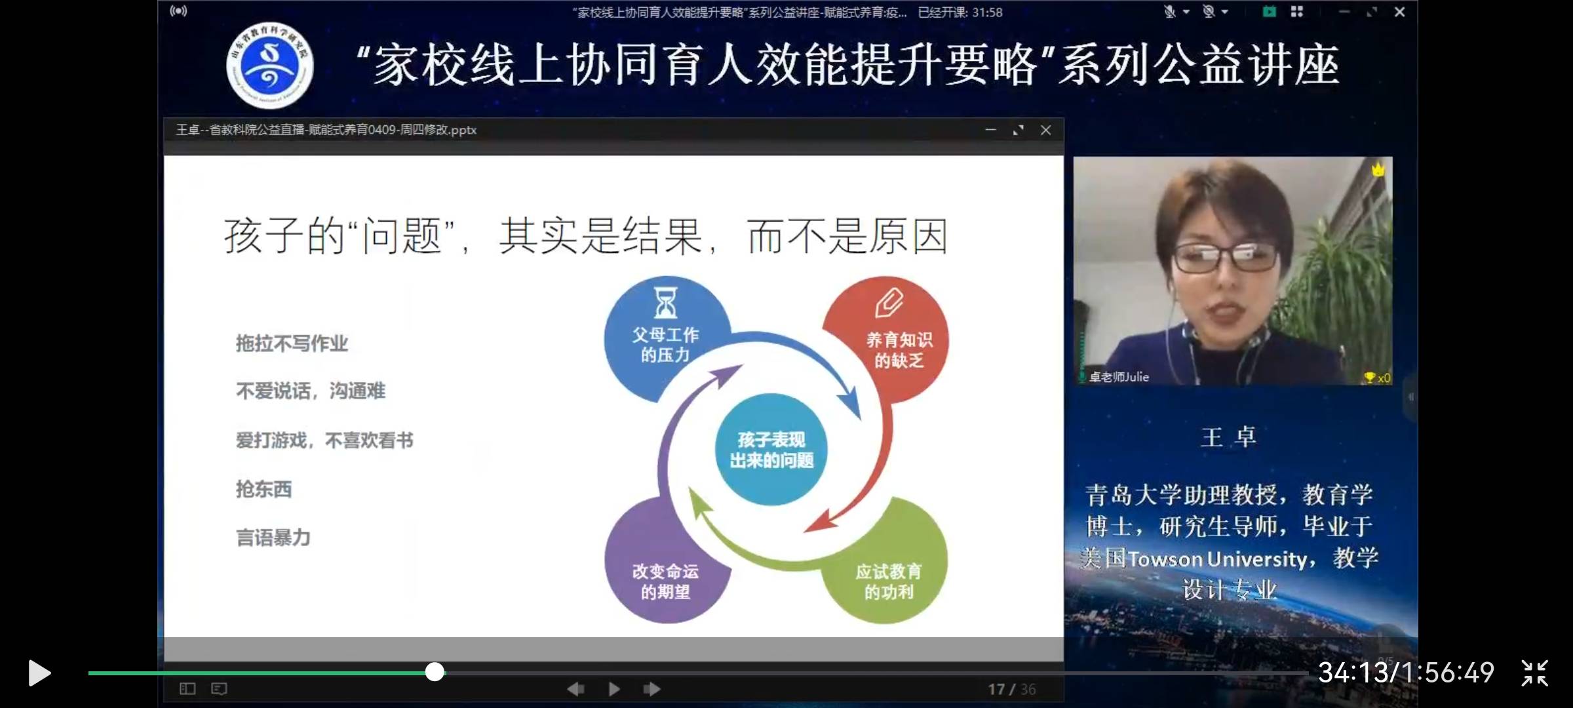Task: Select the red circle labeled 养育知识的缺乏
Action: click(x=891, y=341)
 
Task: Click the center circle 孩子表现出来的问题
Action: click(x=771, y=450)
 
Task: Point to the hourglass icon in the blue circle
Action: click(x=665, y=303)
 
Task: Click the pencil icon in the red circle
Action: click(x=889, y=303)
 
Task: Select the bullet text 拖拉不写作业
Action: click(x=292, y=344)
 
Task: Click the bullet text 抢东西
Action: click(x=264, y=489)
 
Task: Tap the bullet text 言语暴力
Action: click(x=273, y=538)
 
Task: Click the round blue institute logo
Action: click(x=269, y=66)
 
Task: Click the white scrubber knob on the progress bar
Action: click(x=435, y=672)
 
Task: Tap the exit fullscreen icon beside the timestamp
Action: click(x=1534, y=673)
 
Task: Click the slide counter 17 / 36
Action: click(x=1012, y=689)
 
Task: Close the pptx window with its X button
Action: click(x=1046, y=130)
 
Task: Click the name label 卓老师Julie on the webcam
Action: click(x=1119, y=377)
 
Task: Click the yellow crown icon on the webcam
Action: click(x=1378, y=170)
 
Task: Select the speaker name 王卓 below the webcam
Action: click(x=1228, y=437)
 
